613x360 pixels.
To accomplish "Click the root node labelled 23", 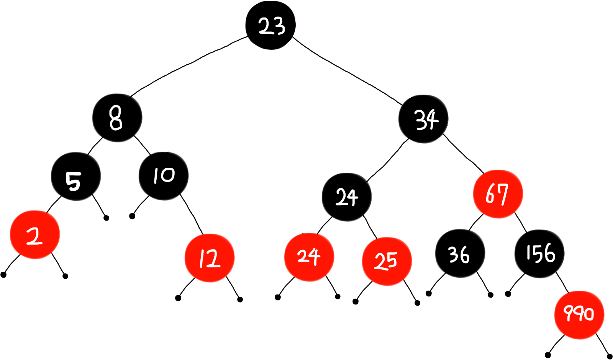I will pyautogui.click(x=270, y=25).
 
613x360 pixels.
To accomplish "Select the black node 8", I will pyautogui.click(x=117, y=118).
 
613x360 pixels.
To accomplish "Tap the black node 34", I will pyautogui.click(x=423, y=119).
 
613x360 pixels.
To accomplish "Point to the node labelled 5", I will pyautogui.click(x=75, y=176).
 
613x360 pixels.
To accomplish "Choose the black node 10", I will pyautogui.click(x=164, y=176).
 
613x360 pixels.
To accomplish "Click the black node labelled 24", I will pyautogui.click(x=347, y=197).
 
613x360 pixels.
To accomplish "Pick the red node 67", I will pyautogui.click(x=498, y=194).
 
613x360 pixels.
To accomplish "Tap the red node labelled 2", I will pyautogui.click(x=35, y=235).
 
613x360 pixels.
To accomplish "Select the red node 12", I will pyautogui.click(x=210, y=258).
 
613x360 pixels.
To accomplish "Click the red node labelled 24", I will pyautogui.click(x=309, y=257).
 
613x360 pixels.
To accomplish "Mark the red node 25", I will pyautogui.click(x=387, y=261).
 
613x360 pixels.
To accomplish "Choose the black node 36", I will pyautogui.click(x=460, y=254).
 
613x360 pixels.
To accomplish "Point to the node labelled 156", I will pyautogui.click(x=539, y=254).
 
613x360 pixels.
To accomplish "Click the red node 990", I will pyautogui.click(x=579, y=314).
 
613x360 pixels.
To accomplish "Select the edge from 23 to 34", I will pyautogui.click(x=347, y=71).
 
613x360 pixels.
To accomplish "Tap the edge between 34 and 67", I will pyautogui.click(x=464, y=152).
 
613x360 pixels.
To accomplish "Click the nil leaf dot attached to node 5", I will pyautogui.click(x=107, y=218).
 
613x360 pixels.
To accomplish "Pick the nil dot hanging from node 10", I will pyautogui.click(x=132, y=216).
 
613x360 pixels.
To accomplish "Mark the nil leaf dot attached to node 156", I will pyautogui.click(x=508, y=294).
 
